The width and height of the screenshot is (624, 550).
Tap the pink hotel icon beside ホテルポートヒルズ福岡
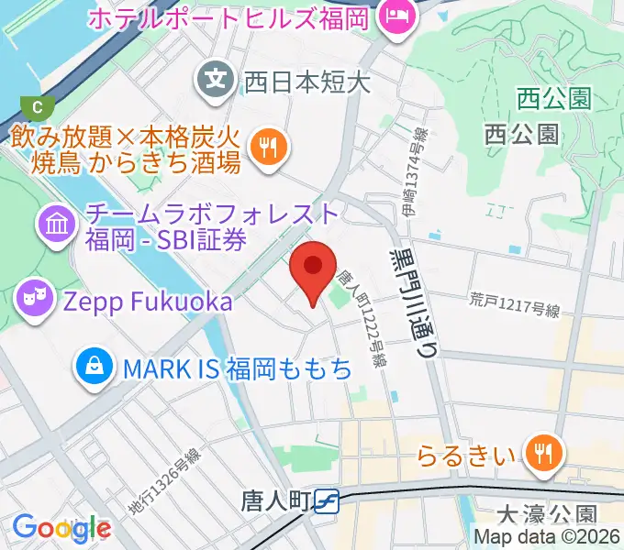click(396, 16)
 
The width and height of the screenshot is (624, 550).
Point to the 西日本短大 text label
click(306, 83)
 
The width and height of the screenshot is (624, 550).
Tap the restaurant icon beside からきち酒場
click(267, 147)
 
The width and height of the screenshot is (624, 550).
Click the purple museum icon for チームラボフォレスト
click(57, 221)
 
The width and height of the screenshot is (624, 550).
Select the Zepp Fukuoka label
click(146, 300)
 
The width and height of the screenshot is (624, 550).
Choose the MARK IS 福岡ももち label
click(238, 369)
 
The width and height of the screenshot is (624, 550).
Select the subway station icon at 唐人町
click(326, 501)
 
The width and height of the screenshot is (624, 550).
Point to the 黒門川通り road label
click(415, 294)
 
